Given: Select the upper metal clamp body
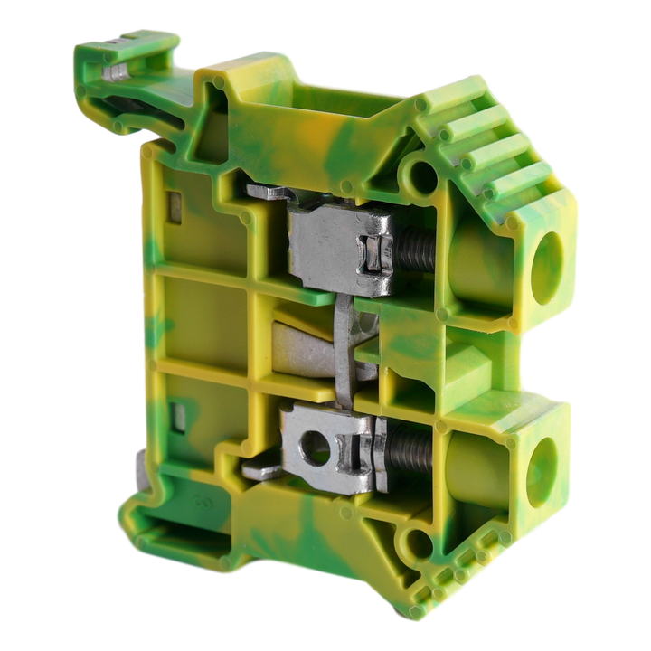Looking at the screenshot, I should [330, 244].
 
